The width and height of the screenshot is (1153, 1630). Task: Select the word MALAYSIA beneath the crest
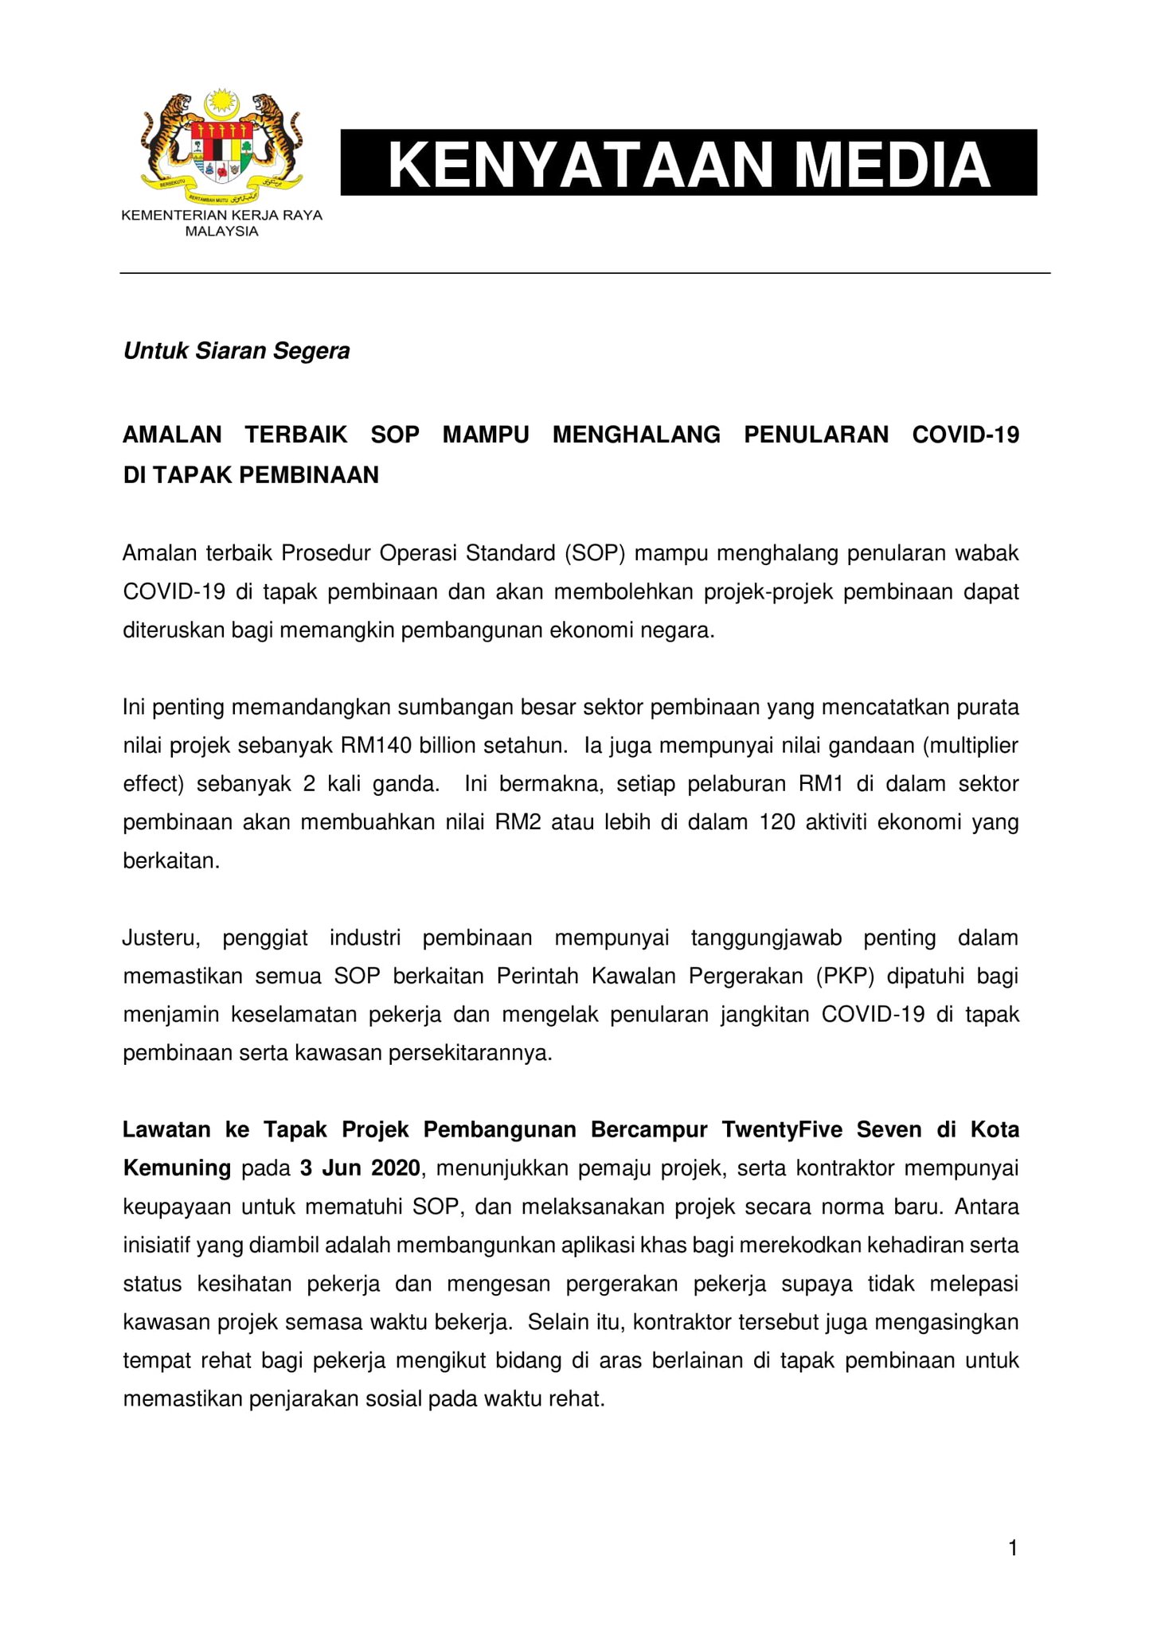(221, 232)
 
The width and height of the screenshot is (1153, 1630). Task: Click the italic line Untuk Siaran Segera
(236, 351)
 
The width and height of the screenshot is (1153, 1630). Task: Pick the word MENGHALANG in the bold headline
(636, 435)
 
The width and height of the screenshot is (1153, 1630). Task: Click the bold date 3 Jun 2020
(360, 1168)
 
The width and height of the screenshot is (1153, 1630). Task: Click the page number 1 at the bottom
(1013, 1549)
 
